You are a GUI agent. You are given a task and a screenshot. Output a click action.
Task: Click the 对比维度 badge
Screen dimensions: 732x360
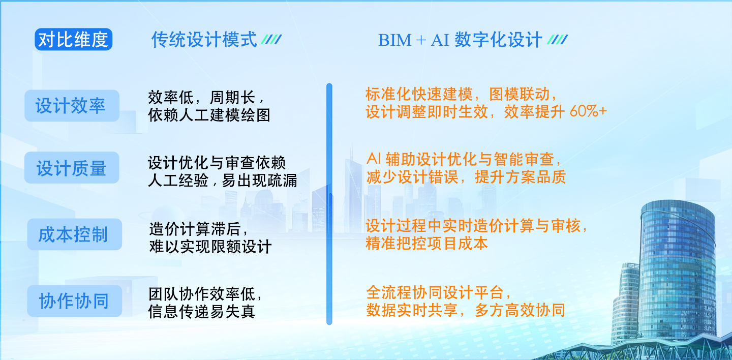click(x=74, y=39)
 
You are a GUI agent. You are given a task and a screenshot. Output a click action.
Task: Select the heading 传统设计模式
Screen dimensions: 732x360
click(x=204, y=40)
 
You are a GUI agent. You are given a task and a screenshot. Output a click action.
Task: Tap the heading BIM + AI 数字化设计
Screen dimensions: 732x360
click(x=460, y=40)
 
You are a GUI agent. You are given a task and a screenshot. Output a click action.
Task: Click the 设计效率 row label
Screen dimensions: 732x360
click(x=72, y=106)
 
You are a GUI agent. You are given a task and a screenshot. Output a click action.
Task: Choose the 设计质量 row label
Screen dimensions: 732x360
click(x=72, y=167)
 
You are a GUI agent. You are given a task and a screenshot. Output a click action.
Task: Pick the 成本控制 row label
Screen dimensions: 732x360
click(x=75, y=234)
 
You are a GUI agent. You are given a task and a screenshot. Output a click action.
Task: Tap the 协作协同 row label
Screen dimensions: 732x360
click(x=75, y=301)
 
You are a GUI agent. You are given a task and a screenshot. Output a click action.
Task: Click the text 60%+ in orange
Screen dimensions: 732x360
click(x=588, y=111)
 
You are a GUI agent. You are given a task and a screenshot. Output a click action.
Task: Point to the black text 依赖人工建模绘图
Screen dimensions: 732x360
click(x=209, y=115)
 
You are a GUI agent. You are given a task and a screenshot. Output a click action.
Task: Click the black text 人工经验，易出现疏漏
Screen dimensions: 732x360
click(x=223, y=180)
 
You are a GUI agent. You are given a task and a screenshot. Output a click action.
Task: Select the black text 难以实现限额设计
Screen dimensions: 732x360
click(x=210, y=247)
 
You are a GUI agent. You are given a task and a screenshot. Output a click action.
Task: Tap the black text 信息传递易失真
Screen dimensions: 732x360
click(x=202, y=311)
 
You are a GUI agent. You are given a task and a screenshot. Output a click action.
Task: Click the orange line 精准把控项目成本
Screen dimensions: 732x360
click(x=427, y=243)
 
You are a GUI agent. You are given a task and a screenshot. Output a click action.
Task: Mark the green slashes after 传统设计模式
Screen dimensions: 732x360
click(x=271, y=40)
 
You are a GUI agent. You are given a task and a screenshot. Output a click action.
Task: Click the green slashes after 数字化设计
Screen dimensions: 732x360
click(x=558, y=40)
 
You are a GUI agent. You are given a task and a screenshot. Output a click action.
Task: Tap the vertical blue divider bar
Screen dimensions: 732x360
click(x=329, y=204)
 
